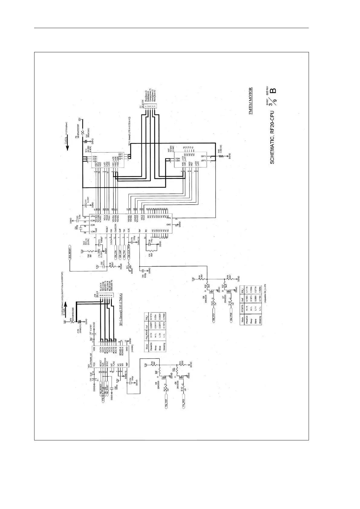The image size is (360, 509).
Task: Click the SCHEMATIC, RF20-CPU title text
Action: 272,137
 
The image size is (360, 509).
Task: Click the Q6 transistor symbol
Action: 212,291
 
